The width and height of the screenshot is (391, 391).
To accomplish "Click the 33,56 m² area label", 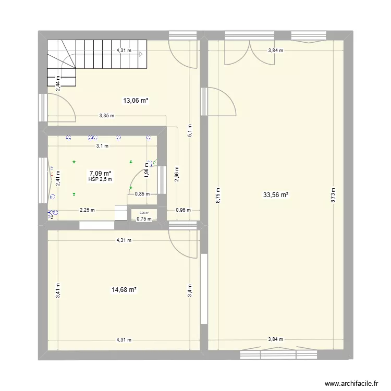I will point(276,195).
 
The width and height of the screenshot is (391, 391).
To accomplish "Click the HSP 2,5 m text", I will point(101,179).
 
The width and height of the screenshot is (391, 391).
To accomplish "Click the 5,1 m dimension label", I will point(190,130).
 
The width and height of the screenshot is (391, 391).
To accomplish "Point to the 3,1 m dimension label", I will point(102,146).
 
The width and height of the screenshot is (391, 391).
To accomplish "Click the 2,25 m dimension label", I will point(87,211).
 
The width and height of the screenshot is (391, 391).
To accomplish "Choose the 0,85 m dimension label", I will point(142,194).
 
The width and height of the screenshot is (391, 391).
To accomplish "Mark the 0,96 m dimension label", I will point(183,211).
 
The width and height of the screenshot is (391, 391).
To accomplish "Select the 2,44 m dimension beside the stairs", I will point(58,84).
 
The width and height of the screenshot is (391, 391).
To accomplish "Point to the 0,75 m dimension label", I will point(143,219).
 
